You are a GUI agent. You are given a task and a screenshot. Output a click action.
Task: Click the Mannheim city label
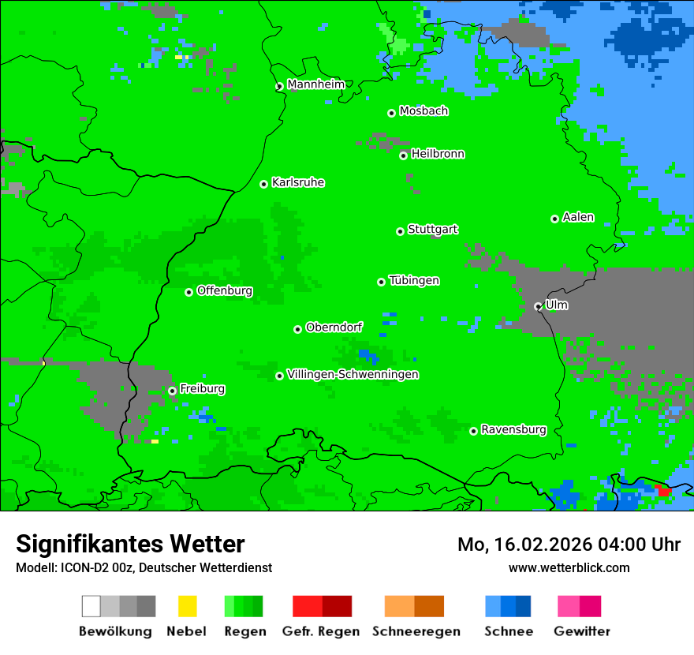(x=315, y=84)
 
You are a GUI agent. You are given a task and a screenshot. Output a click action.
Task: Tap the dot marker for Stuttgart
(x=400, y=231)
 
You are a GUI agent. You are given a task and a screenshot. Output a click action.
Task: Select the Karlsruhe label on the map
(x=297, y=182)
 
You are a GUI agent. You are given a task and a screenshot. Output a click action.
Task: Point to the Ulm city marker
(x=538, y=306)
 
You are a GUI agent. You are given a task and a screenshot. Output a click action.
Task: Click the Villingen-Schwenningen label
(x=353, y=374)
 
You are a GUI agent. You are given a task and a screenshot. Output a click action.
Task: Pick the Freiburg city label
(x=202, y=389)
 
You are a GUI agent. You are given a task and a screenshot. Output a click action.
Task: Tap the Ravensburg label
(x=513, y=430)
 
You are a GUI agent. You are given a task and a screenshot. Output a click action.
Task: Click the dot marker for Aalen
(x=554, y=219)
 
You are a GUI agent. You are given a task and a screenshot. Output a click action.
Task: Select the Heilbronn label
(x=438, y=154)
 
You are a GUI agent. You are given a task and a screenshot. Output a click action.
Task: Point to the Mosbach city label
(x=423, y=111)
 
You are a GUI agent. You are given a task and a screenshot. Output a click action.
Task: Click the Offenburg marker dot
(x=188, y=292)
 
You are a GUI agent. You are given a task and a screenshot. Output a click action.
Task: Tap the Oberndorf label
(x=334, y=327)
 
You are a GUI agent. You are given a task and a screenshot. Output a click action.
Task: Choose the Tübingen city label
(x=414, y=281)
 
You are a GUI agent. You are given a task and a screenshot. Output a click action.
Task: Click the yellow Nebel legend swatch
(x=187, y=606)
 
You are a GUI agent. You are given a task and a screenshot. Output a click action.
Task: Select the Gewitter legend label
(x=581, y=631)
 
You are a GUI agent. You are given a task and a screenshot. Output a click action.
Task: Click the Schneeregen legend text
(x=416, y=631)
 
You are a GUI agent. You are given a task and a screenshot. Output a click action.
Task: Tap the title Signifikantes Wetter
(x=130, y=544)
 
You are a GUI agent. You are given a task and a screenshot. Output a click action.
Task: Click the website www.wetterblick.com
(x=569, y=567)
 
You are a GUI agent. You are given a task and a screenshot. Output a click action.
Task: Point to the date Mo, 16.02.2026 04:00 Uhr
(x=569, y=545)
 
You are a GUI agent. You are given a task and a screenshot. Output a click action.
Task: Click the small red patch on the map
(x=664, y=491)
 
